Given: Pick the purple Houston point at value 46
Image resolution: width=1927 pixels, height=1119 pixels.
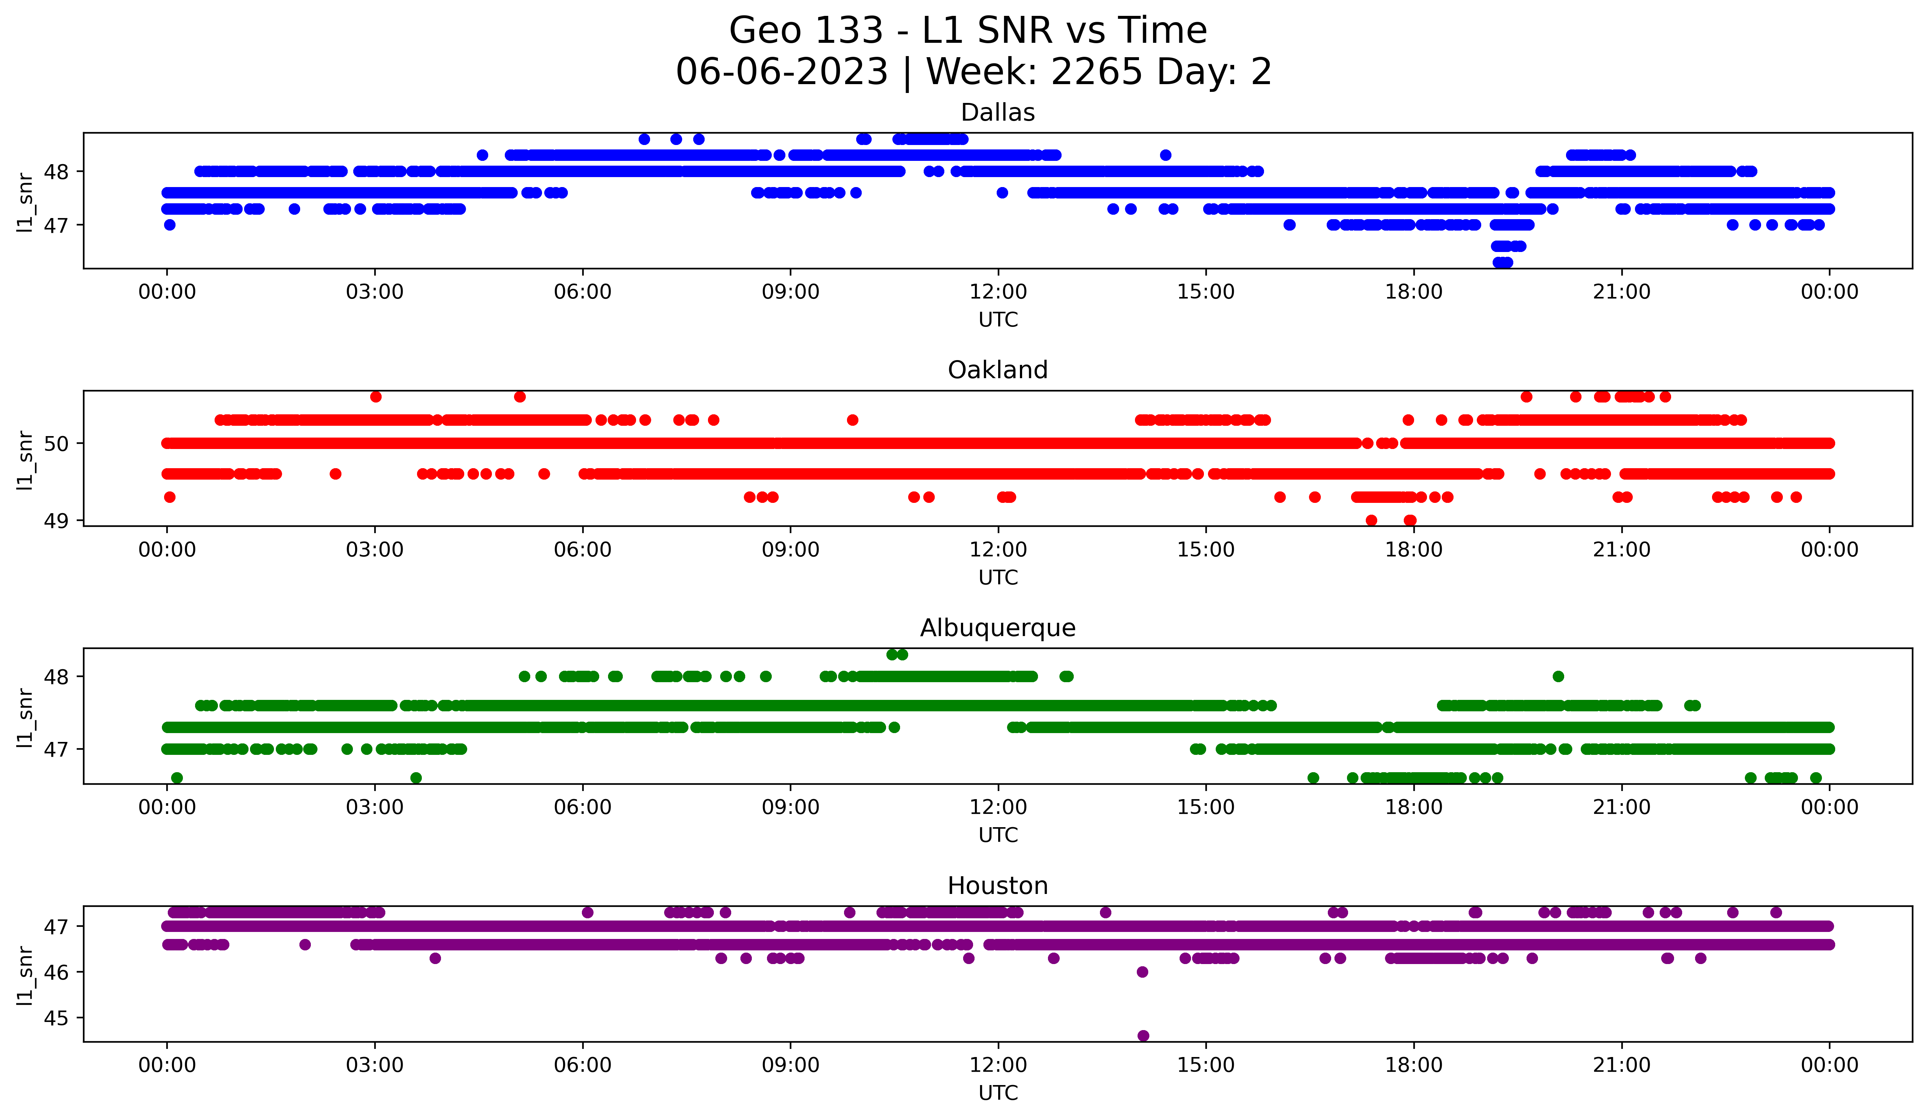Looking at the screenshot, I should coord(1142,972).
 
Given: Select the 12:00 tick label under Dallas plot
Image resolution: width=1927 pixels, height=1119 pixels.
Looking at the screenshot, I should coord(998,292).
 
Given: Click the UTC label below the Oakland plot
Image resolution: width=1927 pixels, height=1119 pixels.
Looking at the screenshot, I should coord(998,577).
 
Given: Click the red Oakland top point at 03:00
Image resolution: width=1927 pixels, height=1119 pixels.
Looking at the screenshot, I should coord(375,396).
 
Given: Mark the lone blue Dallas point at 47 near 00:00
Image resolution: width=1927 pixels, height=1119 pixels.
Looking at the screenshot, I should coord(170,225).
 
